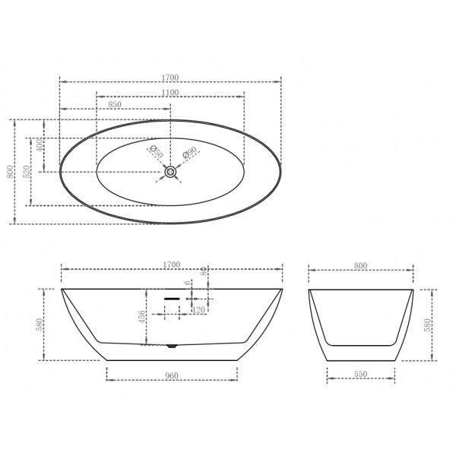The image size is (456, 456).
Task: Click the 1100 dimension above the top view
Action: click(x=169, y=93)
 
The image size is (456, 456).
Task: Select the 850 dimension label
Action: click(x=115, y=104)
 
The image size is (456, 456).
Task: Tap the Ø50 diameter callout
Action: click(x=156, y=153)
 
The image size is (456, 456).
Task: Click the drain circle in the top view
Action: click(x=171, y=173)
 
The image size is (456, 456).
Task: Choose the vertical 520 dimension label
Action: click(x=27, y=172)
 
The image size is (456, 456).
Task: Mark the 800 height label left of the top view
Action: click(x=10, y=172)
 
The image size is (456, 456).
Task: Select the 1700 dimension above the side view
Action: click(x=171, y=264)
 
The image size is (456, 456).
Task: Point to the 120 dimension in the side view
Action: click(x=199, y=310)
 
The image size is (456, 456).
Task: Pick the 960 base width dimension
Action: click(x=171, y=375)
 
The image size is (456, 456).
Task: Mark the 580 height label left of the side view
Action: click(x=39, y=324)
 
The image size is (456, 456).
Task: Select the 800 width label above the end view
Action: click(x=360, y=265)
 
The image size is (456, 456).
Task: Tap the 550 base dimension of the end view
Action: click(x=360, y=375)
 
